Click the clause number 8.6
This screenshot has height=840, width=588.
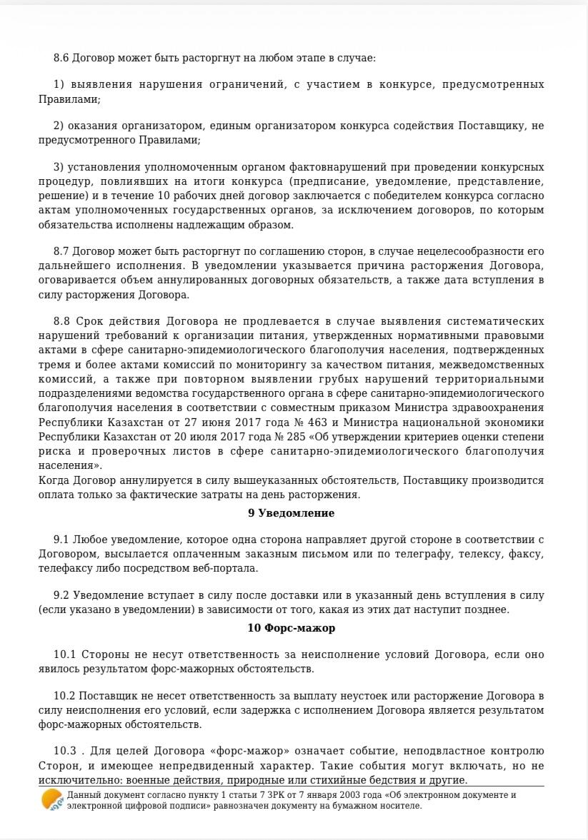coord(61,57)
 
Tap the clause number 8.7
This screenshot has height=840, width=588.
coord(61,251)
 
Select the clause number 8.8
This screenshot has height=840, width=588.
coord(61,321)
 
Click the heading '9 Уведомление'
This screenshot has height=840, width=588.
coord(291,512)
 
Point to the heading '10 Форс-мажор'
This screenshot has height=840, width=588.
coord(291,628)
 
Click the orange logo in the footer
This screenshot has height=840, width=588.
coord(52,800)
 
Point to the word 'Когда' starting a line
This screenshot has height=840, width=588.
coord(54,480)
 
